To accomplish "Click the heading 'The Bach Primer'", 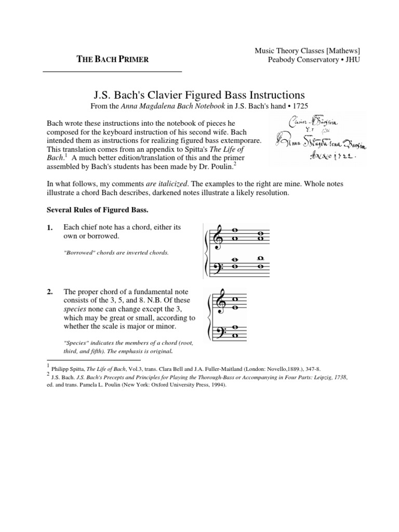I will [113, 59].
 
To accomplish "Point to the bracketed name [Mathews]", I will [342, 50].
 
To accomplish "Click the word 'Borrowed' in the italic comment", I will [79, 252].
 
